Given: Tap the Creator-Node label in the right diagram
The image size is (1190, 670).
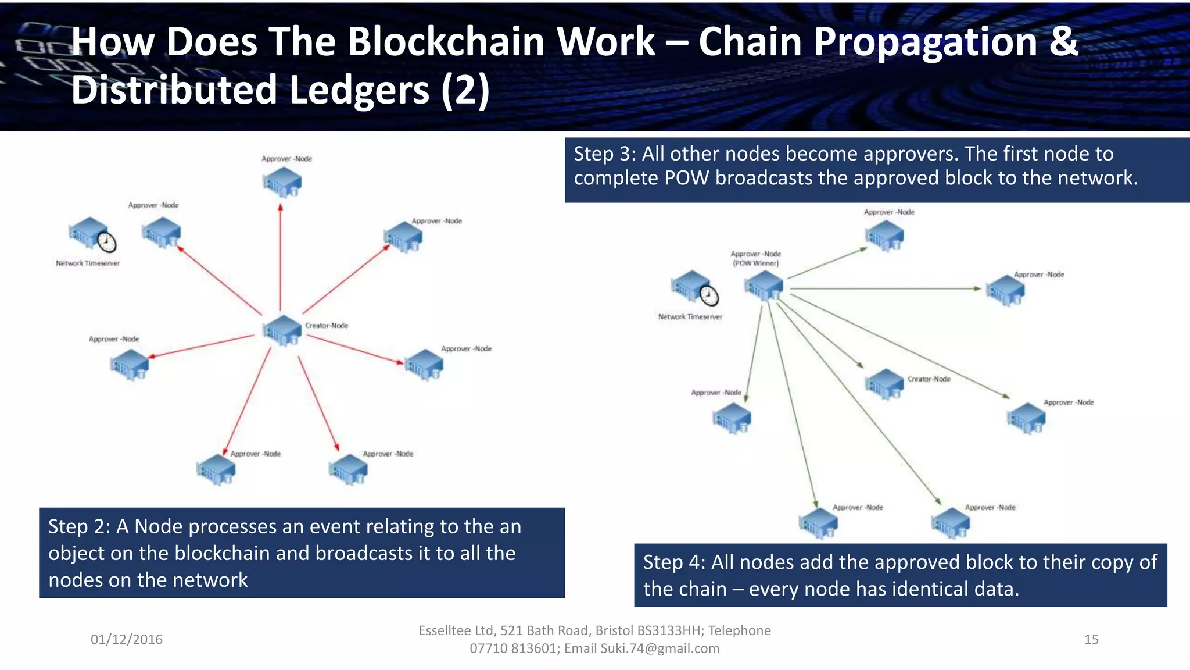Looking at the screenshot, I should (x=929, y=379).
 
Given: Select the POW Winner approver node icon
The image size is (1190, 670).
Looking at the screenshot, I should (x=764, y=286).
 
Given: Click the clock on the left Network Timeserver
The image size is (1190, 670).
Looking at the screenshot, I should (x=106, y=242).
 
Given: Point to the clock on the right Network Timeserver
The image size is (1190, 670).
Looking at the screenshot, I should (x=708, y=295).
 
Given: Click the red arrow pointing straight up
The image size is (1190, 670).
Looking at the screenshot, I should (x=281, y=256).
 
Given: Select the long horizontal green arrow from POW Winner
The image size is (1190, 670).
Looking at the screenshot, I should (x=883, y=288).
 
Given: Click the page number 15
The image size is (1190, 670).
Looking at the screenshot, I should (x=1091, y=639).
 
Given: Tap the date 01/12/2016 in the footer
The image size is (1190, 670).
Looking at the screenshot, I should (x=127, y=639).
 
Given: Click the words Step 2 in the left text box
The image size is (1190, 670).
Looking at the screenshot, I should (x=78, y=526).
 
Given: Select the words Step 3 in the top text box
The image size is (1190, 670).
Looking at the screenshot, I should (x=604, y=154).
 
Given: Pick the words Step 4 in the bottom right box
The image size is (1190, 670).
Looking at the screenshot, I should (x=673, y=562).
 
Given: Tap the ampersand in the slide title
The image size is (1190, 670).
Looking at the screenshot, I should (x=1063, y=42).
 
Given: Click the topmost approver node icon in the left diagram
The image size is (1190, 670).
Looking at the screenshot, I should (x=282, y=182).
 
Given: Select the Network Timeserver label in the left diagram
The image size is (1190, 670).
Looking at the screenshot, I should (x=88, y=263).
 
